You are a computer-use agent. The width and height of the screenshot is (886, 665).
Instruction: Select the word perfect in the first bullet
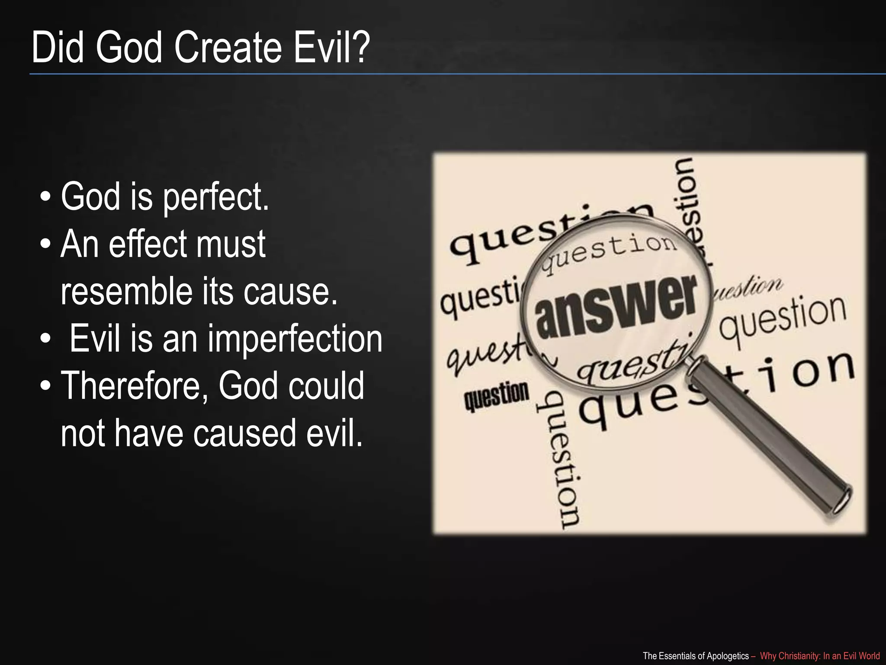click(215, 198)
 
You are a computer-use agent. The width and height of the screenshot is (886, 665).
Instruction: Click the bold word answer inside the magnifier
click(616, 307)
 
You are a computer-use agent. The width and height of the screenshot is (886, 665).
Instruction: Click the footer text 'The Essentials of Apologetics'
click(696, 656)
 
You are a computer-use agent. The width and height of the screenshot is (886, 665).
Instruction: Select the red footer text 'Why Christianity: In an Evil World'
click(819, 656)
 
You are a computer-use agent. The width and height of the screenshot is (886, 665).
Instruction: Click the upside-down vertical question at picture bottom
click(558, 459)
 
